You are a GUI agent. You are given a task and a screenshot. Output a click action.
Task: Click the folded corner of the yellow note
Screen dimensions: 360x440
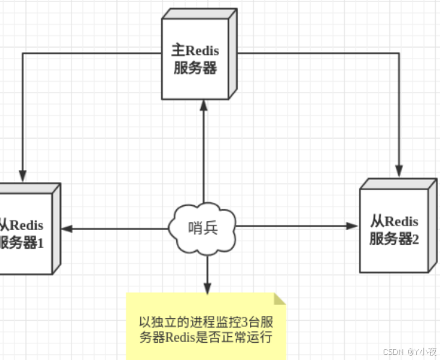(280, 298)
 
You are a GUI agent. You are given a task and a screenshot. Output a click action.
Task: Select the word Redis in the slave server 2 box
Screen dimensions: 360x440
(402, 222)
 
